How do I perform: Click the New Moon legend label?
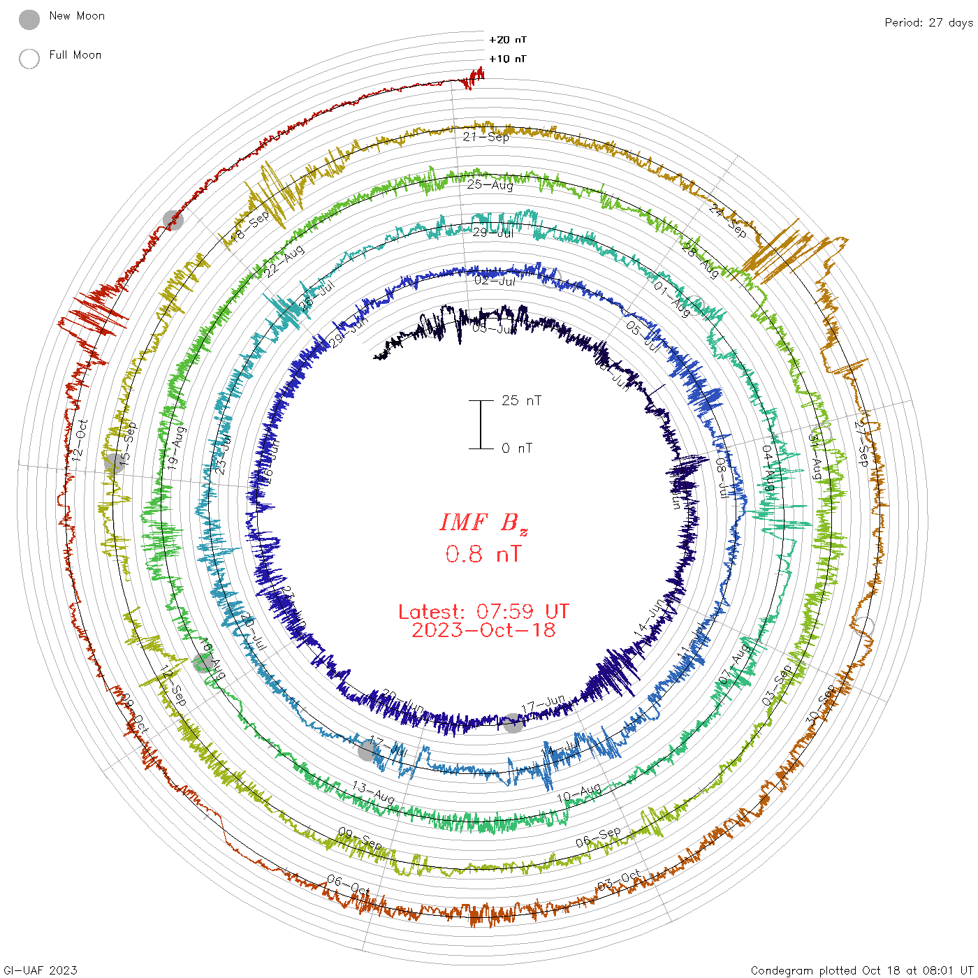pyautogui.click(x=77, y=15)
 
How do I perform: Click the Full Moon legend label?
pyautogui.click(x=75, y=54)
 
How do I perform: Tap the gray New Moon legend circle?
pyautogui.click(x=29, y=20)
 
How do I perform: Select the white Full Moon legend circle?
pyautogui.click(x=29, y=59)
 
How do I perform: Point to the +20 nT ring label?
pyautogui.click(x=508, y=40)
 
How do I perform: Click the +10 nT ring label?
pyautogui.click(x=508, y=59)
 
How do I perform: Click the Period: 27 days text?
pyautogui.click(x=928, y=22)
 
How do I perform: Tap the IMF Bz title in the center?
pyautogui.click(x=483, y=523)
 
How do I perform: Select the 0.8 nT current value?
pyautogui.click(x=483, y=554)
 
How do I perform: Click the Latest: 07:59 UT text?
pyautogui.click(x=483, y=612)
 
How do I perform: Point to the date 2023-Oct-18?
pyautogui.click(x=483, y=630)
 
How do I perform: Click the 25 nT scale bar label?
pyautogui.click(x=521, y=400)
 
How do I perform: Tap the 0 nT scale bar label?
pyautogui.click(x=517, y=448)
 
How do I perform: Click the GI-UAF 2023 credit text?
pyautogui.click(x=41, y=970)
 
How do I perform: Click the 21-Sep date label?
pyautogui.click(x=486, y=137)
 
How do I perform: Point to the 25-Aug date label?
pyautogui.click(x=490, y=185)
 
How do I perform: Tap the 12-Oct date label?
pyautogui.click(x=80, y=439)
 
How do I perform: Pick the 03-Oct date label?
pyautogui.click(x=619, y=881)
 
